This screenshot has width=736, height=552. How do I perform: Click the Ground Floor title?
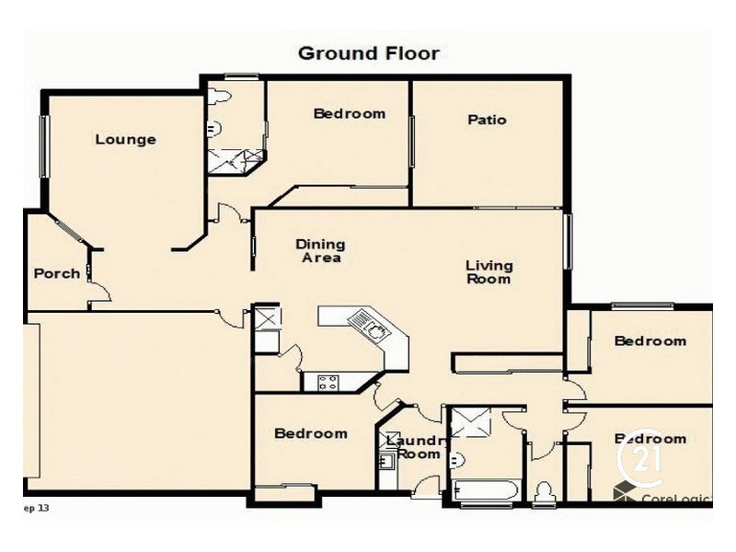(x=368, y=53)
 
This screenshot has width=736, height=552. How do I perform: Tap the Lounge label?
(x=125, y=140)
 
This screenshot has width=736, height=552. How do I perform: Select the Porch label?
(x=56, y=273)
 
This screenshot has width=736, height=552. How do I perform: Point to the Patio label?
(x=487, y=120)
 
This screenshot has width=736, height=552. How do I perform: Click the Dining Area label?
(x=320, y=251)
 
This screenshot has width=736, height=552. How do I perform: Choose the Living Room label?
(x=489, y=272)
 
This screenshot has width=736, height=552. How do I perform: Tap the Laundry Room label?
(x=416, y=447)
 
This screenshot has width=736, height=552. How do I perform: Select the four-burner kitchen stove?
(x=328, y=382)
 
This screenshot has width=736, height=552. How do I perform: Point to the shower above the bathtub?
(x=471, y=424)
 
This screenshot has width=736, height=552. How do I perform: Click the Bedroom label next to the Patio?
(x=349, y=114)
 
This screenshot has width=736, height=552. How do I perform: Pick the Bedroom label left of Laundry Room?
(x=311, y=433)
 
